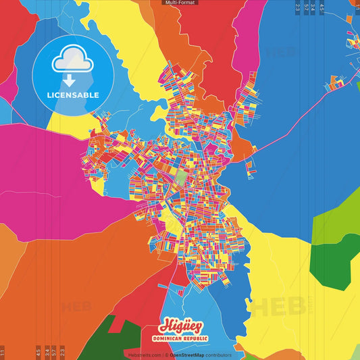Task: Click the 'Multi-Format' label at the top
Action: point(180,3)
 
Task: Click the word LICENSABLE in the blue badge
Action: point(73,95)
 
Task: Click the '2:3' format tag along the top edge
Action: point(297,8)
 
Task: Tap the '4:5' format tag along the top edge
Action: point(322,8)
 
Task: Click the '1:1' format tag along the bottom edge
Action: point(3,352)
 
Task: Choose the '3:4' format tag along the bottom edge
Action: point(47,352)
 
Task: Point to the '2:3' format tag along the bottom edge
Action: point(63,352)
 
